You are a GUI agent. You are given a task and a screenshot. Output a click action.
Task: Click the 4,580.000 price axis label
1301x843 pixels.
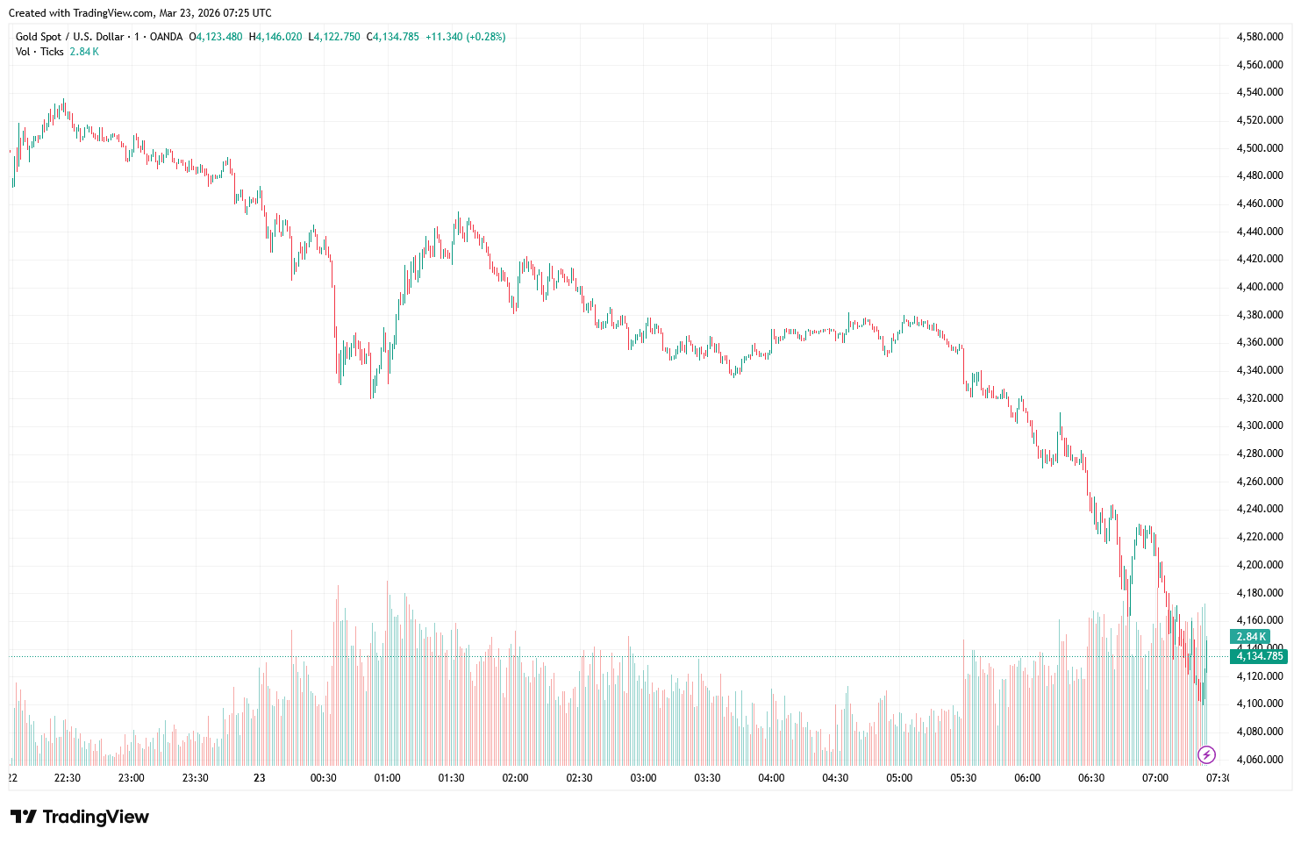pyautogui.click(x=1259, y=37)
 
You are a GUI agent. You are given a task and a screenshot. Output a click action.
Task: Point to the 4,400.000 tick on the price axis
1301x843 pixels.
pyautogui.click(x=1259, y=287)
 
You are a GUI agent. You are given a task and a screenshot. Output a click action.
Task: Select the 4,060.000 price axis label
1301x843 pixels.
pyautogui.click(x=1259, y=760)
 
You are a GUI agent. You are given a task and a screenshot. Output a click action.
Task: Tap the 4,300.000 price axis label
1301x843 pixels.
pyautogui.click(x=1259, y=425)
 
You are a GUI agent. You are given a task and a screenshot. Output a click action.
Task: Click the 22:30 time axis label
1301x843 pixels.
pyautogui.click(x=68, y=778)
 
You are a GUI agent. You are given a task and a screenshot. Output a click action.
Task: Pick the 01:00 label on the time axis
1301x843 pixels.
pyautogui.click(x=387, y=778)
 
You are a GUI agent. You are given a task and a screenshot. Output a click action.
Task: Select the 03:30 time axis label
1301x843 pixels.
pyautogui.click(x=707, y=778)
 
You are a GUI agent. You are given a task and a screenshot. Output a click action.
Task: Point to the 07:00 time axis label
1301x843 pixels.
pyautogui.click(x=1155, y=778)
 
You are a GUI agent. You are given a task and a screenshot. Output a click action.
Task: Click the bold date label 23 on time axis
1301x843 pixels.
pyautogui.click(x=259, y=778)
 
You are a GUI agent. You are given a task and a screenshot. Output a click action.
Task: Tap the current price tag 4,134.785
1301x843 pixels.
pyautogui.click(x=1259, y=656)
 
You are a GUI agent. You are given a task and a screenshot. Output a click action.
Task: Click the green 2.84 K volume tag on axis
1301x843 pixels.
pyautogui.click(x=1250, y=637)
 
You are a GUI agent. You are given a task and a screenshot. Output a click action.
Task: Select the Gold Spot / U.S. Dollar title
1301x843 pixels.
pyautogui.click(x=69, y=37)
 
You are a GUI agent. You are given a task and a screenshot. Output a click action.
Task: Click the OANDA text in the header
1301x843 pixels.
pyautogui.click(x=166, y=37)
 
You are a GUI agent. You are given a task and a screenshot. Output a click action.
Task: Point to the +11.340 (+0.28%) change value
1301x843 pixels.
pyautogui.click(x=465, y=37)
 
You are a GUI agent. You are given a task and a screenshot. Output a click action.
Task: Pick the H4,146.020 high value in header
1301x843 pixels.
pyautogui.click(x=275, y=37)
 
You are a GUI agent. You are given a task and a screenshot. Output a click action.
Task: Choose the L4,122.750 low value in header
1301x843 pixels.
pyautogui.click(x=334, y=37)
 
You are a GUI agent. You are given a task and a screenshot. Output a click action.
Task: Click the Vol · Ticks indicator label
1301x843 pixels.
pyautogui.click(x=39, y=52)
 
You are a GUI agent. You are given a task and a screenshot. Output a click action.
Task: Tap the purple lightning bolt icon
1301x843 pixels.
pyautogui.click(x=1207, y=754)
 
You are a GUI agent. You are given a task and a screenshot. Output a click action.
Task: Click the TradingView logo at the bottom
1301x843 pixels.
pyautogui.click(x=81, y=817)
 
